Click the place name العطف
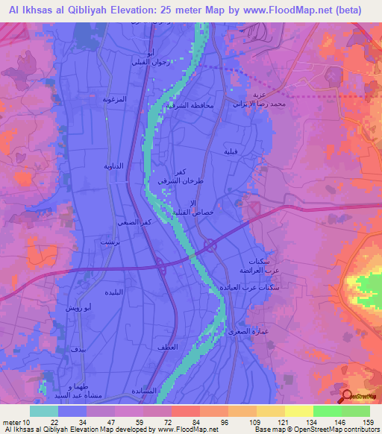166,348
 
